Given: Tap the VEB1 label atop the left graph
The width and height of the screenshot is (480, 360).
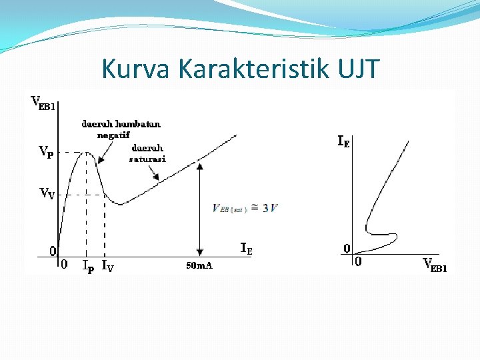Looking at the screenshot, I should (x=43, y=103).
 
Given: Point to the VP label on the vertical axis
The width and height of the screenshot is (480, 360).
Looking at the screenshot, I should (x=46, y=151).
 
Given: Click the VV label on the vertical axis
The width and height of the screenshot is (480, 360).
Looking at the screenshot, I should (x=46, y=194).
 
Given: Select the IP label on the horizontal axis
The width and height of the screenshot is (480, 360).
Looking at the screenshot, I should (x=87, y=265).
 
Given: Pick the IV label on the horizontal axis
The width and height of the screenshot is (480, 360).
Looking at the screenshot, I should (x=107, y=265).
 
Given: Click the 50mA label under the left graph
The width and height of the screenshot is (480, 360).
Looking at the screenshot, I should (x=199, y=266).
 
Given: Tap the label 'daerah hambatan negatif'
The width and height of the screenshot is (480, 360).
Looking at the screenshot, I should (x=121, y=129).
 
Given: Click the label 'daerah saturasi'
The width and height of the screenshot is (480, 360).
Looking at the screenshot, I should (x=147, y=153).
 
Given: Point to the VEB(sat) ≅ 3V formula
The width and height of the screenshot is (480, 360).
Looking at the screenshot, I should (x=245, y=208).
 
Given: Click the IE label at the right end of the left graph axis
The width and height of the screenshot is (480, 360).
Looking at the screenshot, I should (x=246, y=249).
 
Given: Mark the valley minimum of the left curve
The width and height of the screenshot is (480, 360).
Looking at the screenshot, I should (x=120, y=204).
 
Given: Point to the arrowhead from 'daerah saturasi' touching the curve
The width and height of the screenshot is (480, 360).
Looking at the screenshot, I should (x=158, y=179).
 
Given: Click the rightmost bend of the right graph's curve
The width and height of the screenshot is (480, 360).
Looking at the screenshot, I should (x=397, y=236).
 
